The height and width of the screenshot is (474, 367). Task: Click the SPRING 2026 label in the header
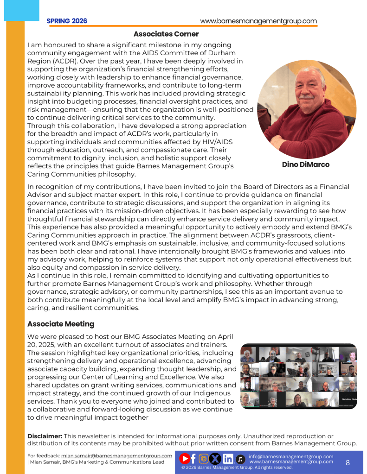pyautogui.click(x=67, y=21)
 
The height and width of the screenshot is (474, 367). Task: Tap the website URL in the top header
pyautogui.click(x=258, y=21)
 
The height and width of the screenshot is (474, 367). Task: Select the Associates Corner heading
pyautogui.click(x=166, y=34)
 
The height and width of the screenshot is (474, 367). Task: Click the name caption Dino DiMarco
pyautogui.click(x=306, y=164)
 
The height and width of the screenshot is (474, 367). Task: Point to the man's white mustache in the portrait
pyautogui.click(x=306, y=98)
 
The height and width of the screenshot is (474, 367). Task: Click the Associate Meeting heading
pyautogui.click(x=61, y=324)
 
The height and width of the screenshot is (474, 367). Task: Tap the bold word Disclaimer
pyautogui.click(x=45, y=436)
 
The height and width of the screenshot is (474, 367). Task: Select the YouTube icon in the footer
pyautogui.click(x=184, y=459)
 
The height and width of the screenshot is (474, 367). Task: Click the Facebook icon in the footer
pyautogui.click(x=193, y=459)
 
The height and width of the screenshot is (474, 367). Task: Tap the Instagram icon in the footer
pyautogui.click(x=204, y=459)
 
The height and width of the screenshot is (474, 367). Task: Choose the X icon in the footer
pyautogui.click(x=215, y=459)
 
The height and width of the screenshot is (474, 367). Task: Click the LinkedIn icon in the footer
pyautogui.click(x=228, y=459)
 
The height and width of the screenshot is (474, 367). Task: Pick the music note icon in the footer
pyautogui.click(x=240, y=459)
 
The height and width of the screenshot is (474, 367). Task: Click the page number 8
pyautogui.click(x=348, y=462)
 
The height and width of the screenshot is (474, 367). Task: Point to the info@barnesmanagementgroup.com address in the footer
pyautogui.click(x=291, y=456)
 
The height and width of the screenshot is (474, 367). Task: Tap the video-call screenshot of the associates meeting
pyautogui.click(x=298, y=376)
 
